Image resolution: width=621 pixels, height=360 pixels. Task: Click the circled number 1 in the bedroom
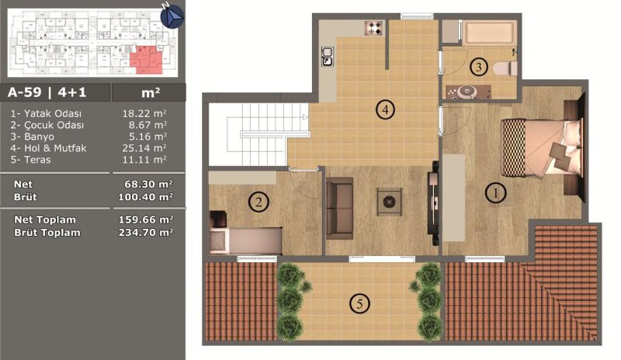point(495,193)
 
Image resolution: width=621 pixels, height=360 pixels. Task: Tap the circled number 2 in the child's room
point(258,202)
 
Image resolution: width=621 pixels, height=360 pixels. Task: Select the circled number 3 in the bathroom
point(479,67)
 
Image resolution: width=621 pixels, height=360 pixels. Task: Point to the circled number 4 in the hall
point(385,109)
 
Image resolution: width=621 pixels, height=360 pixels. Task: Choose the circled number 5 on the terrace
point(359,304)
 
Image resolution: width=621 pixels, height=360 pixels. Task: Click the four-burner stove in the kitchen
point(373,28)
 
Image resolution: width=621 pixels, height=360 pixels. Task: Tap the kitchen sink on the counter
point(327,56)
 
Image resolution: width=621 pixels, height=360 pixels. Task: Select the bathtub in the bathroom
point(490,33)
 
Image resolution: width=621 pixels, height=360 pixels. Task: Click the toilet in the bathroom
point(505,68)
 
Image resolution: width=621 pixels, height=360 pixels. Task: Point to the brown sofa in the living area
point(339,208)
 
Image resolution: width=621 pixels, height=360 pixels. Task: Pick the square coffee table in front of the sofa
point(390,202)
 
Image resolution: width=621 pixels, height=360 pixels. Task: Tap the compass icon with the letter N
point(172,16)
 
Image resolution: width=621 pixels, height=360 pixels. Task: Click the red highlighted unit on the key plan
point(147,60)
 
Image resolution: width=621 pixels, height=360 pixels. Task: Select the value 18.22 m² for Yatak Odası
point(144,113)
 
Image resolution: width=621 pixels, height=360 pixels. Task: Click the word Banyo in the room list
point(39,137)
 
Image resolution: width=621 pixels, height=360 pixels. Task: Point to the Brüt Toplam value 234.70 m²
point(146,232)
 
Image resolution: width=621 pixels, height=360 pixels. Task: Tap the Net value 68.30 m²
point(148,184)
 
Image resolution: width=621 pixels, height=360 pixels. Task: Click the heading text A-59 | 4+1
point(47,92)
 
